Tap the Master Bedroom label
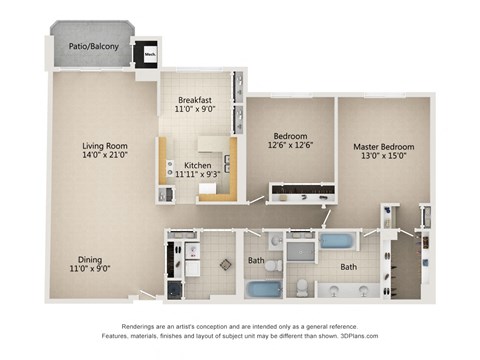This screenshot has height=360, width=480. tap(384, 147)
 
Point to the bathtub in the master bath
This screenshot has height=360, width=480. tap(338, 241)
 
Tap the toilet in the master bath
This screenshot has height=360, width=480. tap(302, 287)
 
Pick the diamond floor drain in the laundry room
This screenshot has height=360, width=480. tap(224, 266)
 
